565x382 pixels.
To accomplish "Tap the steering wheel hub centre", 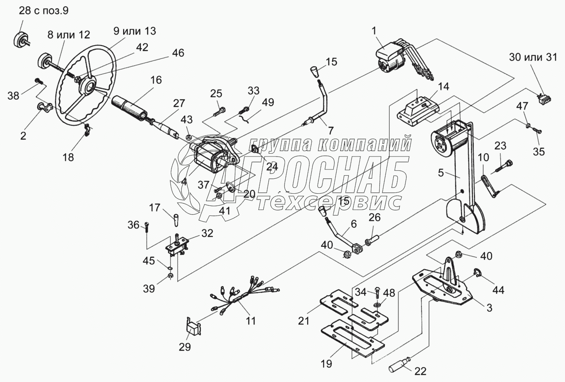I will click(88, 87).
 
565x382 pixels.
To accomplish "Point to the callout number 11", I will click(251, 321).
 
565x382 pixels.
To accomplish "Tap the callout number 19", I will click(327, 364).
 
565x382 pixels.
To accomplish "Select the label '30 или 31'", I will click(533, 58).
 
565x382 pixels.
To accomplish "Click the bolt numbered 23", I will click(504, 166).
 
